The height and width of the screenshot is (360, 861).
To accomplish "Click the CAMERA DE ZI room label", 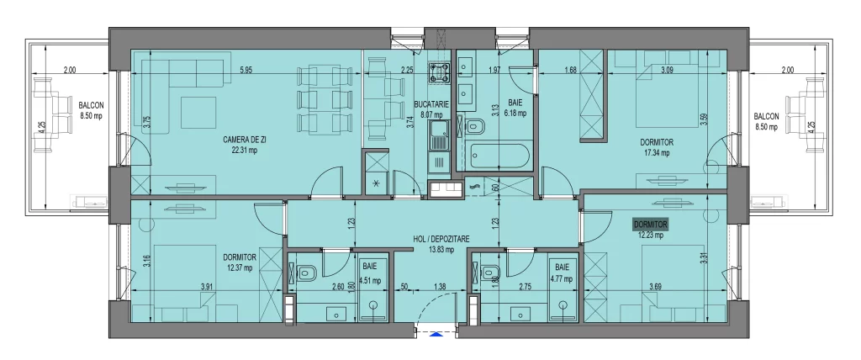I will [x=240, y=140].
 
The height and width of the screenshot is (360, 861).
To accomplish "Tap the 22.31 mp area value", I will [x=240, y=151].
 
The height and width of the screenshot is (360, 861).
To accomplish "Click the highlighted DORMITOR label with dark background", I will [x=651, y=225].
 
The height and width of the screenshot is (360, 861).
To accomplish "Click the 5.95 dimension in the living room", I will [x=246, y=70].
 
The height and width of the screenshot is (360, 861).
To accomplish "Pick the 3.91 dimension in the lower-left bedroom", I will [x=207, y=288].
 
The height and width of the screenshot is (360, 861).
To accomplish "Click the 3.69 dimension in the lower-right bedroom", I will [x=655, y=288].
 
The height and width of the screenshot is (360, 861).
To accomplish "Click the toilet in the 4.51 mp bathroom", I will [x=305, y=273].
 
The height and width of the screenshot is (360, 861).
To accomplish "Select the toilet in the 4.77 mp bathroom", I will [x=489, y=273].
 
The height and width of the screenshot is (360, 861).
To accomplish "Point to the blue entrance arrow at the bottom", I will [x=436, y=334].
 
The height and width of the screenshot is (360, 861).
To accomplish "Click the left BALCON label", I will [x=92, y=105].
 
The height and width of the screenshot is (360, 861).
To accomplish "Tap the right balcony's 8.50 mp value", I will [x=766, y=127].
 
